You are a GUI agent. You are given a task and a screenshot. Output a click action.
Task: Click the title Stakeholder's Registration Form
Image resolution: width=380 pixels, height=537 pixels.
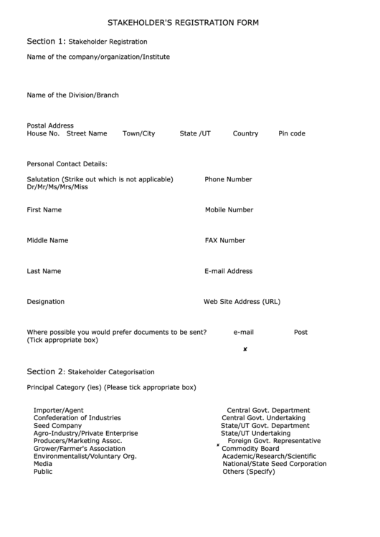tap(183, 23)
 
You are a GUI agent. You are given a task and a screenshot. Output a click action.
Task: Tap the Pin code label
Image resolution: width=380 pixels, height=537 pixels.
tap(292, 133)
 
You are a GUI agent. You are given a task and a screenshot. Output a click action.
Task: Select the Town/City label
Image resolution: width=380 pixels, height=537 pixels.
tap(138, 133)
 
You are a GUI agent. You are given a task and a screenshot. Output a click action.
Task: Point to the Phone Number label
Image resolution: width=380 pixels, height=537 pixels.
tap(228, 179)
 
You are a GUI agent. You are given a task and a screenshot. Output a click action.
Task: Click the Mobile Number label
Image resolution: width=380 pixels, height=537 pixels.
tap(229, 210)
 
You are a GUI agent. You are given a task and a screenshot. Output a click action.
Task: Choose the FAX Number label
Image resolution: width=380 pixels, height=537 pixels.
tap(225, 241)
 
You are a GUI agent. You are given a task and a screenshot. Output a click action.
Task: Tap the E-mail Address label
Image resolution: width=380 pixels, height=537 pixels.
tap(228, 272)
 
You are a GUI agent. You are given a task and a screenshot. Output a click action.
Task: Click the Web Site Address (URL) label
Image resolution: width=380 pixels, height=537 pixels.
tap(242, 302)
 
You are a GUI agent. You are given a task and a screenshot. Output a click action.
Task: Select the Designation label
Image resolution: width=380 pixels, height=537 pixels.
tap(45, 302)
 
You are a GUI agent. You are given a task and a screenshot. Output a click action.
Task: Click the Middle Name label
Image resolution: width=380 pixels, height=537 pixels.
tap(47, 241)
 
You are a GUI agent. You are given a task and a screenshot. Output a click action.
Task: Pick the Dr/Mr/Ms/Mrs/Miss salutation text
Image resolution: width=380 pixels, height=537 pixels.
tap(57, 187)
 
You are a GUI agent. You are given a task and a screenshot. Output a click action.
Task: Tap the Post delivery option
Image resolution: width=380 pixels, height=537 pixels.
tap(300, 333)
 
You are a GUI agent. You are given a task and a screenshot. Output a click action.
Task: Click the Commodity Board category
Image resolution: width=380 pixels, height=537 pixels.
tap(250, 449)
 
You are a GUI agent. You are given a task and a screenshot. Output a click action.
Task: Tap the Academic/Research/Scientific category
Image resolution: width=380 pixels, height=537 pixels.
tap(269, 456)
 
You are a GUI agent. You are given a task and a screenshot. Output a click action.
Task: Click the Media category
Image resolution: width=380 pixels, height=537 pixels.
tap(42, 464)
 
